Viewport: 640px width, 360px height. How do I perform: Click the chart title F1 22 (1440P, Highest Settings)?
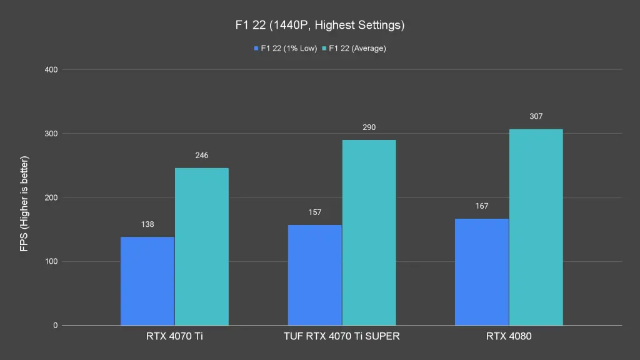point(319,26)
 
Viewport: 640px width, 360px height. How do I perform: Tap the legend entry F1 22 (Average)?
point(353,49)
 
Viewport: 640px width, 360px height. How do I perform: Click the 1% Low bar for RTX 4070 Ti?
point(147,281)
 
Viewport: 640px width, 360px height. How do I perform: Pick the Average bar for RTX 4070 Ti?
point(201,247)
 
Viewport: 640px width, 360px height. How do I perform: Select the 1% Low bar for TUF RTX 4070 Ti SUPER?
point(314,275)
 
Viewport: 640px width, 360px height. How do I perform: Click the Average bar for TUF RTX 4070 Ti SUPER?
point(369,232)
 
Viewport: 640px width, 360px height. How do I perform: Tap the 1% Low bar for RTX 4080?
point(481,272)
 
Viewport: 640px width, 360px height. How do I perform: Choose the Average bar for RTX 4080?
point(536,227)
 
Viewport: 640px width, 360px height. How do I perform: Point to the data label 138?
point(147,224)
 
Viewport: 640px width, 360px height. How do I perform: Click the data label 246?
point(201,155)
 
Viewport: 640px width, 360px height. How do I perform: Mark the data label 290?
point(369,127)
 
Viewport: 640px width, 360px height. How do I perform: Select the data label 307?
point(536,116)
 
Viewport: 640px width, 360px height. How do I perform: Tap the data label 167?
point(481,206)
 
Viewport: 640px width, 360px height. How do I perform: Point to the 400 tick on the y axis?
point(51,70)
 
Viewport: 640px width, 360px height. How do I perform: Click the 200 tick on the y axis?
point(51,198)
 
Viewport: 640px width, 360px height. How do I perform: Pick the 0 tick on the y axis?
point(55,326)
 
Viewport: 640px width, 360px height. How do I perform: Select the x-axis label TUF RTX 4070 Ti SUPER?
point(341,336)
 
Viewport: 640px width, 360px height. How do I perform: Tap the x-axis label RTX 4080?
point(509,336)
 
